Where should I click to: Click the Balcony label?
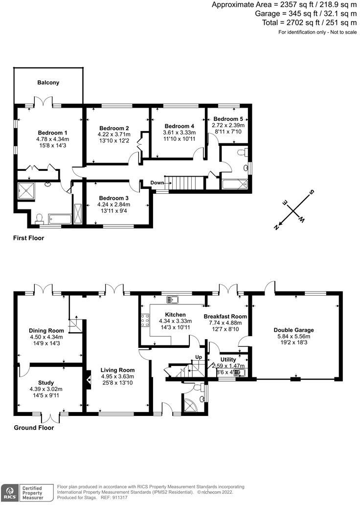(48, 83)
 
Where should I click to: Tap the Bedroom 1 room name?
(53, 133)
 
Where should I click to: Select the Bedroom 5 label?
(228, 119)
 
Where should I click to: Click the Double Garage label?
(293, 330)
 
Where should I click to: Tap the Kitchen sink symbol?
(172, 299)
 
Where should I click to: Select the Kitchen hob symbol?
(145, 320)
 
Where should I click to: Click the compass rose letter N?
(277, 226)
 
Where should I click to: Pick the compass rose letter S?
(312, 192)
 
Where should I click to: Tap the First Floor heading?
(29, 238)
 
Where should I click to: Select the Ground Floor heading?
(34, 427)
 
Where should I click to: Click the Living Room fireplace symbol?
(88, 378)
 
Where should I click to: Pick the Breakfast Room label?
(225, 317)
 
